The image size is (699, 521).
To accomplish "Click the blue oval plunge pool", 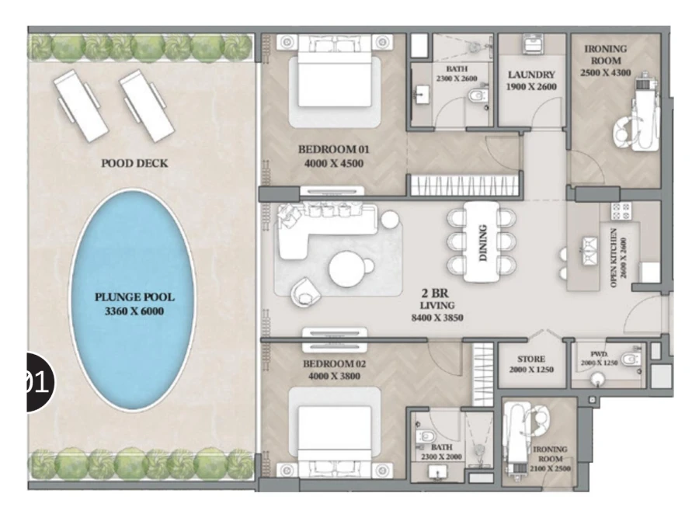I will click(x=132, y=300).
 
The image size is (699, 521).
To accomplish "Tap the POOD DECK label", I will click(x=134, y=164).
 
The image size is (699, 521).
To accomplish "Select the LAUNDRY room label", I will click(x=531, y=75).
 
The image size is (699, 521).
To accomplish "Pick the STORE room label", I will click(x=531, y=359).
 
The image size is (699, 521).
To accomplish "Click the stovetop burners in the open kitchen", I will click(x=620, y=212).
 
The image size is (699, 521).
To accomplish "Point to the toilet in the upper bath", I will click(x=476, y=96).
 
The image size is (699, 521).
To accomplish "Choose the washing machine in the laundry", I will click(x=531, y=44).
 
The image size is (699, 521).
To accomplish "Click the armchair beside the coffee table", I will click(x=306, y=293).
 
